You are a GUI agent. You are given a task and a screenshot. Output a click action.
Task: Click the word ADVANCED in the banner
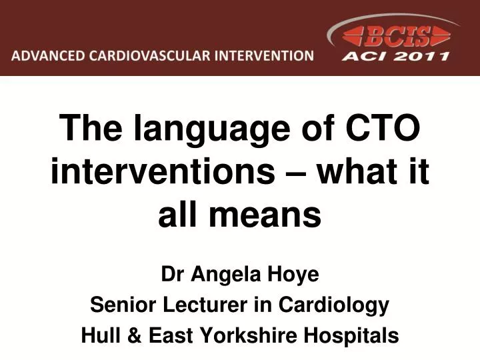coord(45,55)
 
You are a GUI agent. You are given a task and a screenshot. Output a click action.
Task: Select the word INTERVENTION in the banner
coord(263,55)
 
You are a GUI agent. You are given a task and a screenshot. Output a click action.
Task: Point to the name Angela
coord(220,274)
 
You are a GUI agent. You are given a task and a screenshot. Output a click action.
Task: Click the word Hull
coord(99,335)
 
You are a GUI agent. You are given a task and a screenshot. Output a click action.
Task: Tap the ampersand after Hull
coord(133,335)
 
